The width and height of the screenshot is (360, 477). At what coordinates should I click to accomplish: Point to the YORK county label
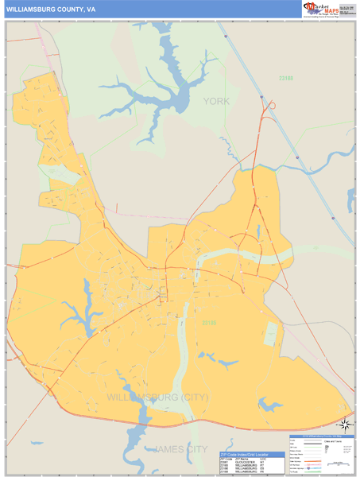215,101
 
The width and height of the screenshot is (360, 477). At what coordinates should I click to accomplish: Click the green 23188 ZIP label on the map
286,78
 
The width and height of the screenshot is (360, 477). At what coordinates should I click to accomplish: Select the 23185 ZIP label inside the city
208,322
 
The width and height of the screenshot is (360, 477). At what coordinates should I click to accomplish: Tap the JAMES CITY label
179,451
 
